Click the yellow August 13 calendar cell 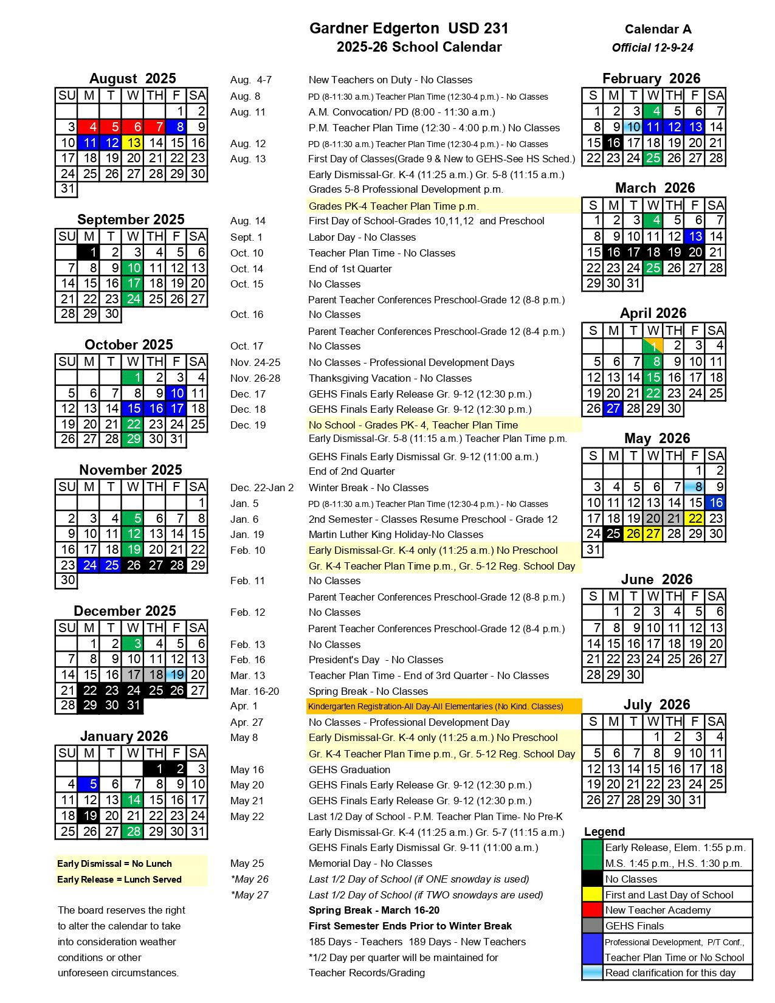click(x=133, y=143)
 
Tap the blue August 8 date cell click(x=177, y=127)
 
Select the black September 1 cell click(x=89, y=252)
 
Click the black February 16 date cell click(x=613, y=143)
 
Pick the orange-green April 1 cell click(x=653, y=346)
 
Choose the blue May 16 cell click(x=716, y=503)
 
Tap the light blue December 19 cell click(x=177, y=675)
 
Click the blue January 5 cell click(x=89, y=785)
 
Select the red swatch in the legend click(x=592, y=910)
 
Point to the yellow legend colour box click(x=592, y=895)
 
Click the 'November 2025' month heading click(x=131, y=470)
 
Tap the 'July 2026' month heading click(x=656, y=705)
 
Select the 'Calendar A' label click(x=658, y=29)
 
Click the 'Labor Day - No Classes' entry click(x=362, y=237)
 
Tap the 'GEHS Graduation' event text click(x=350, y=770)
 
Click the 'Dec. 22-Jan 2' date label click(x=262, y=488)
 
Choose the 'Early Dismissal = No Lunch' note click(x=114, y=864)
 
